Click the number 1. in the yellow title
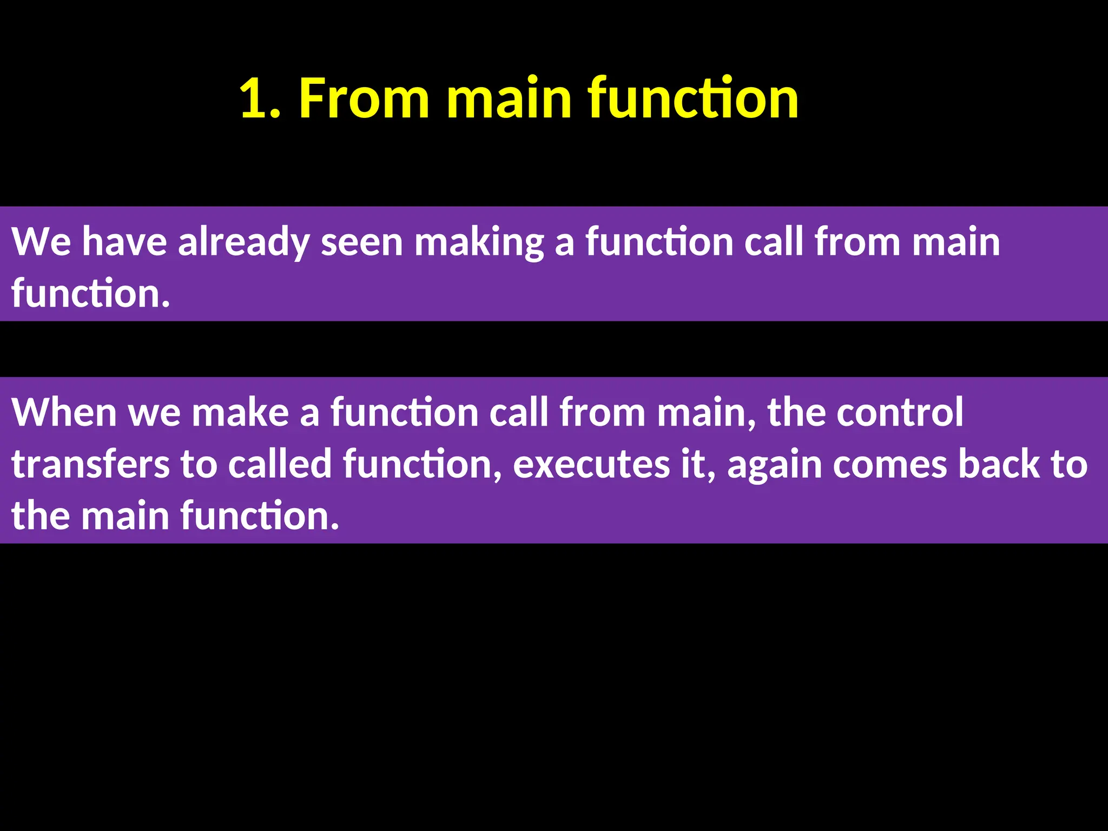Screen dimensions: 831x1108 click(x=260, y=98)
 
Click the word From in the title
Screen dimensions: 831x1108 click(x=364, y=98)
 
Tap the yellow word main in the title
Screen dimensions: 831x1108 click(x=509, y=98)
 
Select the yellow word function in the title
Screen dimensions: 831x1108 click(x=692, y=98)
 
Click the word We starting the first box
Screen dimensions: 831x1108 click(x=41, y=242)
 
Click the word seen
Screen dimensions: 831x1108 click(x=361, y=242)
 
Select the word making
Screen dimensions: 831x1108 click(x=479, y=242)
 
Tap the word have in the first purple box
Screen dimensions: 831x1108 click(x=124, y=242)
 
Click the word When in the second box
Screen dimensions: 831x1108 click(x=64, y=413)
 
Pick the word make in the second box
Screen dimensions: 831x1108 click(x=240, y=413)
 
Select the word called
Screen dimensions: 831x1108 click(x=279, y=465)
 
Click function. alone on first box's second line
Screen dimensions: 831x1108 click(x=90, y=294)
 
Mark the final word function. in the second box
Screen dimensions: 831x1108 click(x=259, y=516)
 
